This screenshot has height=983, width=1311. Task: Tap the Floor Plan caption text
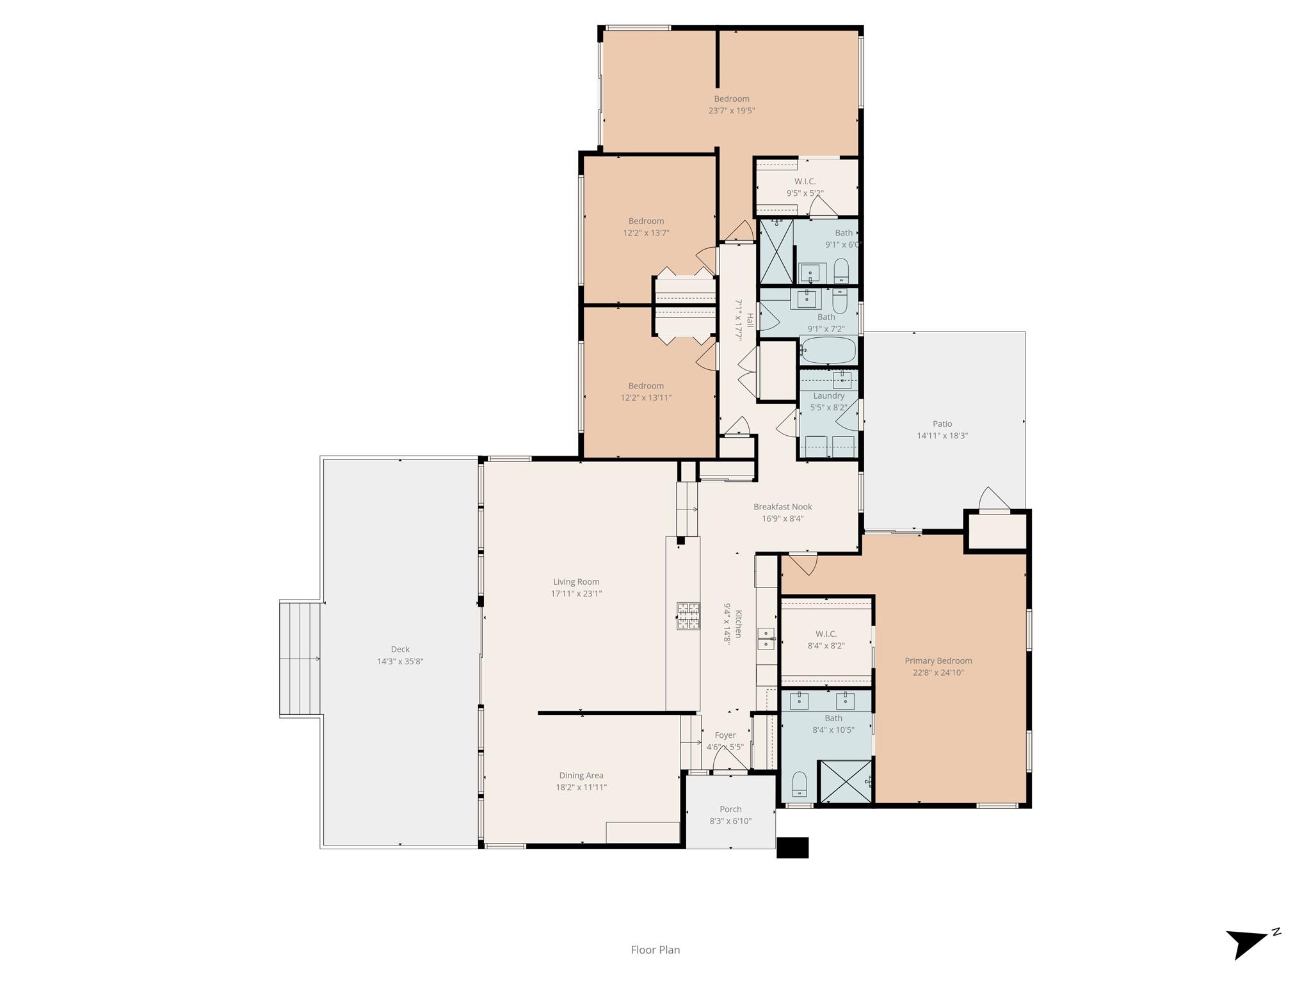click(x=655, y=950)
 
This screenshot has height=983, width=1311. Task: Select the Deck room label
click(x=400, y=649)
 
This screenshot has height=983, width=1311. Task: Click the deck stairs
click(x=300, y=659)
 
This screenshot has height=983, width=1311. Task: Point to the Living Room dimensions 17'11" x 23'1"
click(x=576, y=593)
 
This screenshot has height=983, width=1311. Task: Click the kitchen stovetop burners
click(x=688, y=616)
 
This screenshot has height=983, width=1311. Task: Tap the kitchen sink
click(x=766, y=638)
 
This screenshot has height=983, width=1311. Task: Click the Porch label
click(x=730, y=809)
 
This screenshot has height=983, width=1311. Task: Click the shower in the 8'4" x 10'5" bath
click(x=846, y=781)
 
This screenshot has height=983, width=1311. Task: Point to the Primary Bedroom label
click(x=938, y=660)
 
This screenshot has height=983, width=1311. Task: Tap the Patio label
click(x=942, y=424)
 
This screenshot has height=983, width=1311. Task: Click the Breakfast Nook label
click(x=782, y=507)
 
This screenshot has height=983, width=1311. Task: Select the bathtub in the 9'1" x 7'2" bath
click(x=828, y=350)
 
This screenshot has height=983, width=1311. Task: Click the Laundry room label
click(x=828, y=396)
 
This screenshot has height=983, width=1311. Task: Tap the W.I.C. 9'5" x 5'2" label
click(x=805, y=181)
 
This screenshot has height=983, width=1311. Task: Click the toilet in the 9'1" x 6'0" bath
click(x=841, y=270)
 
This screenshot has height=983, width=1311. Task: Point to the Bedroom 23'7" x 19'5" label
click(x=732, y=99)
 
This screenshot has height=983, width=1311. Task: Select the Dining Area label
click(x=581, y=776)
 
